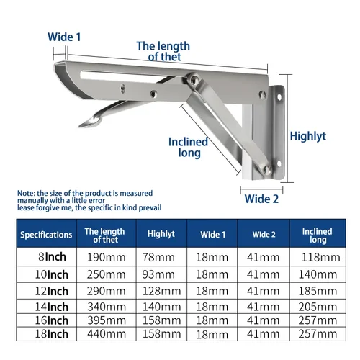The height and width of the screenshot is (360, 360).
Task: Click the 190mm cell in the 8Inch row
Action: pyautogui.click(x=105, y=257)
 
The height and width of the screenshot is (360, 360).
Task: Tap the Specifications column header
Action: pyautogui.click(x=46, y=235)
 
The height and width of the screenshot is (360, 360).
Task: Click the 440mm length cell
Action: pyautogui.click(x=105, y=334)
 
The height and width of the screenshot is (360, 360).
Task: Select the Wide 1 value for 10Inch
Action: pyautogui.click(x=212, y=275)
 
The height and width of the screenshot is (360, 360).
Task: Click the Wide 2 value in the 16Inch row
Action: pyautogui.click(x=264, y=320)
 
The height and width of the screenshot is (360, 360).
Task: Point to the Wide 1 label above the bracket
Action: pyautogui.click(x=64, y=37)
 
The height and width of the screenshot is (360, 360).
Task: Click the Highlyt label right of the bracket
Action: pyautogui.click(x=307, y=135)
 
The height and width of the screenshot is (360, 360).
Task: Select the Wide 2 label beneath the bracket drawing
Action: pyautogui.click(x=261, y=199)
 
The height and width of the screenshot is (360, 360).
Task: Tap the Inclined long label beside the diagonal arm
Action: pyautogui.click(x=188, y=148)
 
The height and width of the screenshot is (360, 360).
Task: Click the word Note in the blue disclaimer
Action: pyautogui.click(x=26, y=193)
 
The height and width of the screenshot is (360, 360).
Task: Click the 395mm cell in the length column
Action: pyautogui.click(x=105, y=320)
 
